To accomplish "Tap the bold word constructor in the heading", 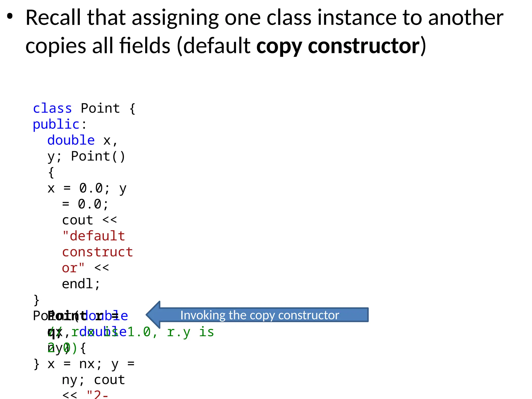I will (364, 46).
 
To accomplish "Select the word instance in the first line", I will (357, 18).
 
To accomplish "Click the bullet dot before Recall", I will (10, 17).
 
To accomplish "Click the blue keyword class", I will (52, 108).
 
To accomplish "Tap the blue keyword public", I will (56, 124).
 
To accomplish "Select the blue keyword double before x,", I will (71, 140).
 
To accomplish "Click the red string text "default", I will (94, 236).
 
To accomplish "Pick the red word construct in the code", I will (97, 252).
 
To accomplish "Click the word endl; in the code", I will (81, 284).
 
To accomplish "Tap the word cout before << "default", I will (77, 220).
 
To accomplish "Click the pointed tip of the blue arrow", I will (147, 315).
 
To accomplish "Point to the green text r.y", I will (179, 332).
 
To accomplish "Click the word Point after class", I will (100, 108).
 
